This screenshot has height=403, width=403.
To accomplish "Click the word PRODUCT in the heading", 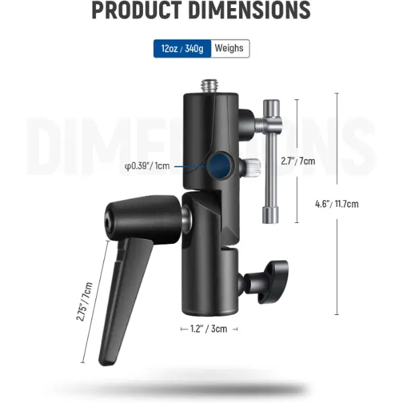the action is point(136,10).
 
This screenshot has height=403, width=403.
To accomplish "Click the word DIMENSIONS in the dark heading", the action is point(251,10).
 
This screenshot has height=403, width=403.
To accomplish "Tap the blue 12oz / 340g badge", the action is point(182,48).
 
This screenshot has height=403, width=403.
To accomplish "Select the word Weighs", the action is point(229,48).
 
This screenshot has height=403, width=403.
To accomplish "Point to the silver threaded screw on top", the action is point(209,87).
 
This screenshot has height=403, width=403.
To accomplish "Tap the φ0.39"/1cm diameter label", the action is point(147,166).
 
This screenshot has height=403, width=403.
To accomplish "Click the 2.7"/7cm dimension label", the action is point(298,161).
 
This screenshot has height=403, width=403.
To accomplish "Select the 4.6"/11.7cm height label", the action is point(337,204).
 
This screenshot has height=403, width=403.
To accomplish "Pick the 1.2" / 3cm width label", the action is point(209,328).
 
